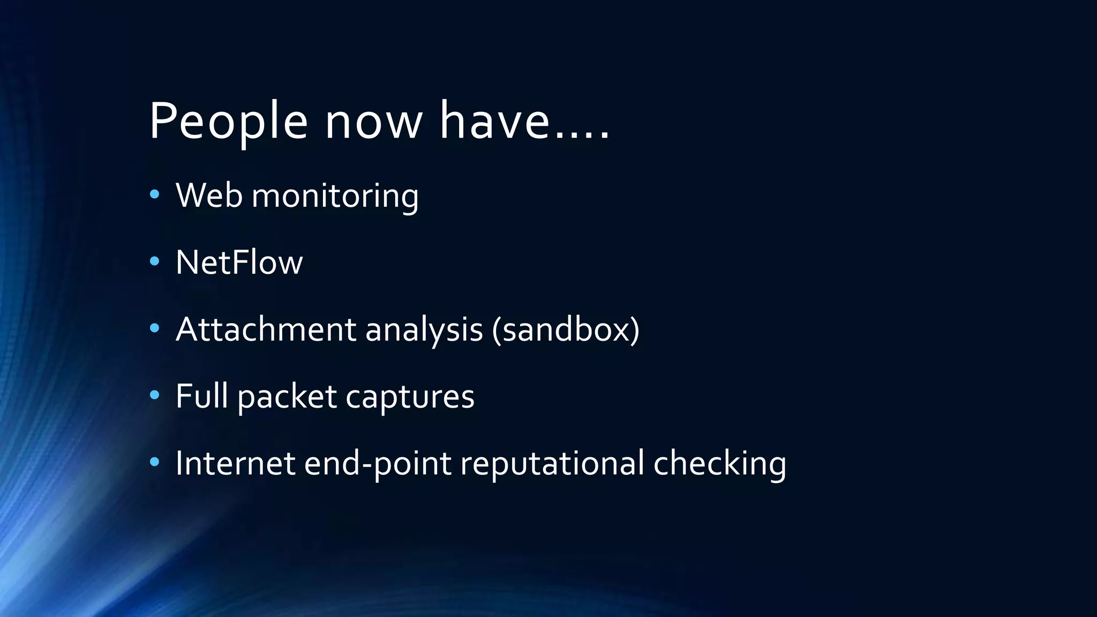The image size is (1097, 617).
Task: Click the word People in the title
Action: pos(229,122)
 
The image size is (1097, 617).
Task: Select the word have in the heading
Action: pos(494,122)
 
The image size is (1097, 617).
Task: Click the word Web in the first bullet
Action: pos(209,195)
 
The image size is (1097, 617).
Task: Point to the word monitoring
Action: pos(335,196)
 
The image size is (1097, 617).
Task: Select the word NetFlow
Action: pos(239,262)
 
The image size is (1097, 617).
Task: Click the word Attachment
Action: pos(266,329)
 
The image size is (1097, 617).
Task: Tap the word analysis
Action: pos(424,330)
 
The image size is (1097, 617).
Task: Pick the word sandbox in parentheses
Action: pos(566,329)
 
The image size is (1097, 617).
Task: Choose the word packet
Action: pos(287,397)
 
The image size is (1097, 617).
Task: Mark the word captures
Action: pos(410,397)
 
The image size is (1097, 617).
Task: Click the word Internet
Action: pos(235,463)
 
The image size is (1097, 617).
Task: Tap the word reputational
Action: pos(552,463)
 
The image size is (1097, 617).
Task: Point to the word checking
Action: pos(719,463)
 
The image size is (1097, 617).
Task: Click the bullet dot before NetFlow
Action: pos(155,261)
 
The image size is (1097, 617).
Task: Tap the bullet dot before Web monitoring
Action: pos(155,194)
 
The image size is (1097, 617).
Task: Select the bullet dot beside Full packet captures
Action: pos(155,395)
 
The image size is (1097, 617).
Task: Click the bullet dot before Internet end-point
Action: pos(155,462)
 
